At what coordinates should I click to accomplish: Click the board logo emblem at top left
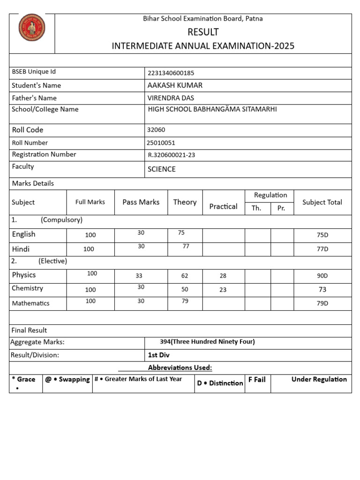point(32,27)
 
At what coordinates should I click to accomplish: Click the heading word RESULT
point(203,32)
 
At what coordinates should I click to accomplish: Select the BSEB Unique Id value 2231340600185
point(171,73)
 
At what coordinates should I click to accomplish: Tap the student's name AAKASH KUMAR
point(175,85)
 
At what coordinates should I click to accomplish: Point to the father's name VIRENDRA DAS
point(171,98)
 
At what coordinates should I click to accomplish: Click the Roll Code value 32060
point(156,130)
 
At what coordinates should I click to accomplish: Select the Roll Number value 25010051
point(161,143)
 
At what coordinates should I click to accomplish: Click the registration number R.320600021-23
point(172,155)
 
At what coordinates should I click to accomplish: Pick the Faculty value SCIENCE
point(162,169)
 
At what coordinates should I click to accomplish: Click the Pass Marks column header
point(141,202)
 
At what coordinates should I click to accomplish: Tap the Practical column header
point(223,206)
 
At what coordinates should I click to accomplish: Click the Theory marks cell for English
point(181,232)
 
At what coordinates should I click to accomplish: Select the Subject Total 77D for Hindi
point(322,249)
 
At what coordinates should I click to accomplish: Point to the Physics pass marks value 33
point(139,276)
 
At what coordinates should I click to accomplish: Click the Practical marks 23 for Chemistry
point(223,290)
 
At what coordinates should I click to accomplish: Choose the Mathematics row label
point(30,303)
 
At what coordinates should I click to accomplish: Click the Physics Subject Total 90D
point(322,276)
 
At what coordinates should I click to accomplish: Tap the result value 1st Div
point(159,355)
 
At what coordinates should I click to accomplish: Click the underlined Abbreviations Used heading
point(180,367)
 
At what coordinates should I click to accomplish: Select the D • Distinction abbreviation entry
point(220,383)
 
